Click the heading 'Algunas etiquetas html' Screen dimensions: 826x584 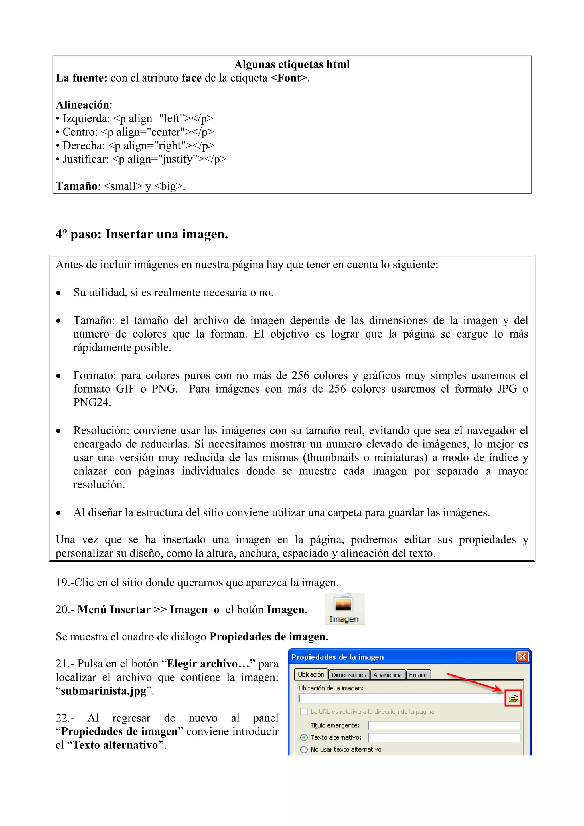(x=292, y=64)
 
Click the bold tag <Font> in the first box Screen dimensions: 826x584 (x=289, y=78)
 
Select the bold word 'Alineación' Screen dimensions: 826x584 (x=83, y=105)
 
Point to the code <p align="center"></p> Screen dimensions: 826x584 (x=157, y=132)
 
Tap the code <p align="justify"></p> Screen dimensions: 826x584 (x=169, y=159)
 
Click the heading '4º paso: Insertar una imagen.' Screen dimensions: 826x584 (x=142, y=234)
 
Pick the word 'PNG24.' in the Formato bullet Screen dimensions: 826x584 (x=92, y=403)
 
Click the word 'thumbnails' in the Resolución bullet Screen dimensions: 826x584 (x=333, y=458)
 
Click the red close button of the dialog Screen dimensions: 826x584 (x=522, y=657)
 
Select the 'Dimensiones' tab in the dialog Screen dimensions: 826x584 (x=349, y=675)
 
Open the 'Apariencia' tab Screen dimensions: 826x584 (x=388, y=675)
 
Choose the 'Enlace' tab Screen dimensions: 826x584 (x=418, y=675)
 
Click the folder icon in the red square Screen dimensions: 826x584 (x=513, y=699)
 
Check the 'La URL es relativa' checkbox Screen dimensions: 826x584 (x=304, y=712)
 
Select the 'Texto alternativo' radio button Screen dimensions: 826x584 (x=304, y=738)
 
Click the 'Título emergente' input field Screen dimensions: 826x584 (x=444, y=725)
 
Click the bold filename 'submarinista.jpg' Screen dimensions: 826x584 (x=104, y=691)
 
